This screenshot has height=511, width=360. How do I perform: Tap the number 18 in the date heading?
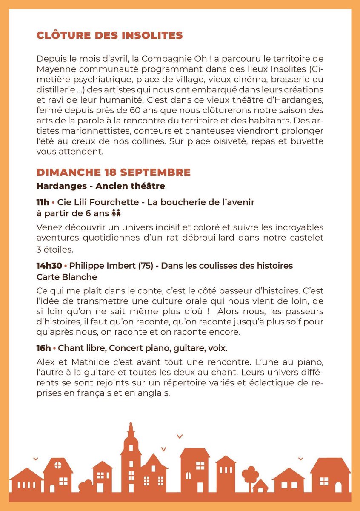point(110,173)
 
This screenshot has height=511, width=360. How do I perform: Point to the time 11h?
point(43,202)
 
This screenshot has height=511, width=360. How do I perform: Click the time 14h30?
point(49,266)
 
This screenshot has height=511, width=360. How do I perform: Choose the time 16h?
point(43,348)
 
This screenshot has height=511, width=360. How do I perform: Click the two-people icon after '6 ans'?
point(116,213)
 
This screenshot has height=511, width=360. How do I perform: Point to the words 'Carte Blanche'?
point(67,277)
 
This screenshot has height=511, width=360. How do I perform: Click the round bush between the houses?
point(86,485)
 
